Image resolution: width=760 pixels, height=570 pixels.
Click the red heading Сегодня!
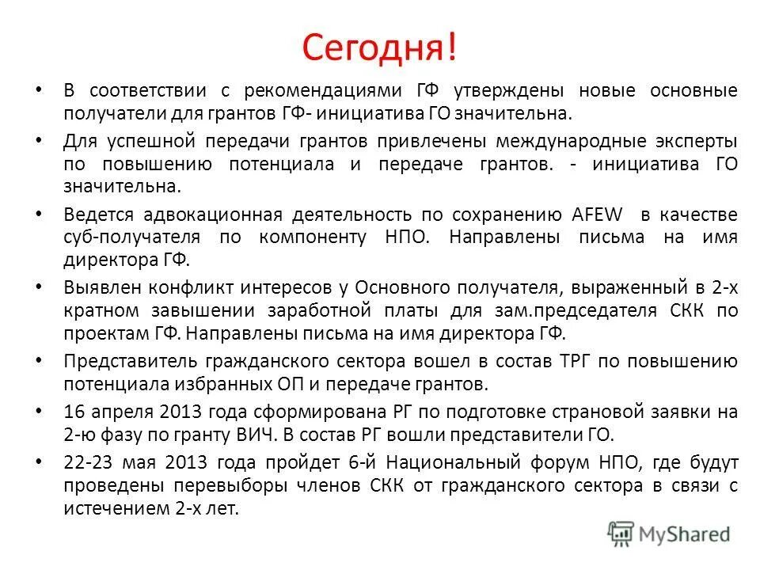point(379,48)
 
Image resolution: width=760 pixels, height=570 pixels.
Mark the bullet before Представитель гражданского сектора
point(40,361)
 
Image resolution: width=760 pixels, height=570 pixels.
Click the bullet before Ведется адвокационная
point(40,214)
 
